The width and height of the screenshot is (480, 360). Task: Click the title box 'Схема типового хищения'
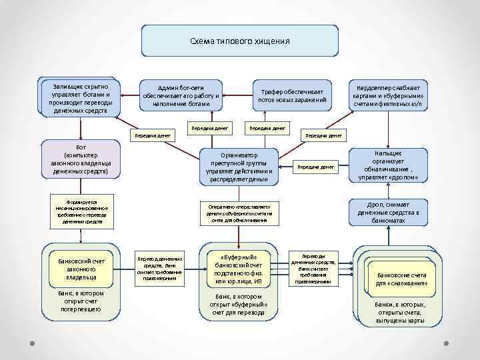coord(239,41)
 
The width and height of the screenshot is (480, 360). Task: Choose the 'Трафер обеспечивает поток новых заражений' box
coord(292,96)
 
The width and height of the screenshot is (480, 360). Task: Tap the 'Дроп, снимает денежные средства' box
coord(388,212)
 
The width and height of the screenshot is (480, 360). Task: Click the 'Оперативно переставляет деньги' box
coord(239,212)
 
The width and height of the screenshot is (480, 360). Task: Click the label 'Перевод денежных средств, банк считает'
coord(159,269)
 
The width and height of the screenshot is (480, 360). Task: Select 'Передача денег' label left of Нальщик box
coord(315,167)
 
